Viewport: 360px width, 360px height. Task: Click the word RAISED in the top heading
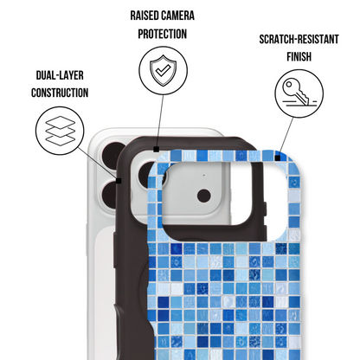coord(145,16)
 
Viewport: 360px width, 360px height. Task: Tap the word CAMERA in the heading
coord(177,16)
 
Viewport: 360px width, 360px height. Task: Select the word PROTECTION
coord(163,34)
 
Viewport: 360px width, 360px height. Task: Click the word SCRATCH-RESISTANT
coord(299,39)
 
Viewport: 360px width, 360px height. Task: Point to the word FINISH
coord(299,56)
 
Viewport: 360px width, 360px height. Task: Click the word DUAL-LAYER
coord(60,75)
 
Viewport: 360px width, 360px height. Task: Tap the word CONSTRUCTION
coord(60,93)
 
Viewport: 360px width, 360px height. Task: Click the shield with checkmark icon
coord(163,70)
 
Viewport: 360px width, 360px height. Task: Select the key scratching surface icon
coord(299,93)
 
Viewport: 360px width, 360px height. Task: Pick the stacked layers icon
coord(61,131)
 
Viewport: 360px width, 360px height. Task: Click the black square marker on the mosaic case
coord(278,157)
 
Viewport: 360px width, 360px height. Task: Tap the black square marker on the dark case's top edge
coord(157,149)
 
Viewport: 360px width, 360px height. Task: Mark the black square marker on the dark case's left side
coord(119,181)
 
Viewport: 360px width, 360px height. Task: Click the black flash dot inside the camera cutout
coord(204,196)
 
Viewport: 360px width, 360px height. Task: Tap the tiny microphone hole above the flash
coord(204,175)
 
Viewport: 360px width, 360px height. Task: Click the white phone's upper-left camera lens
coord(112,154)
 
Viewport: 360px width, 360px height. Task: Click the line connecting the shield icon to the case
coord(160,120)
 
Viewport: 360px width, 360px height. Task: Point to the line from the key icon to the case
coord(286,137)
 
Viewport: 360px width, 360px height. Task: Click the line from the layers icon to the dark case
coord(97,163)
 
